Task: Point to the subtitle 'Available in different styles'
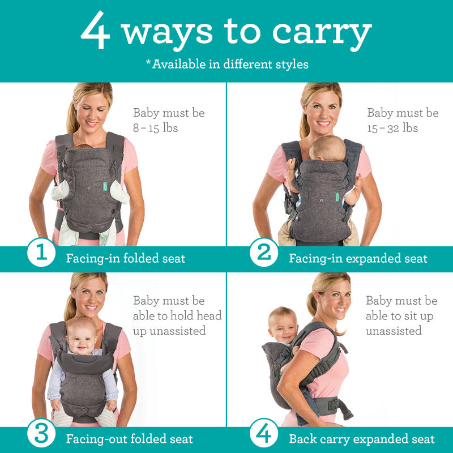coord(229,63)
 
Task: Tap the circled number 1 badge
coord(41,253)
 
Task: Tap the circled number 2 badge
coord(264,253)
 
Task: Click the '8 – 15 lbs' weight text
coord(156,128)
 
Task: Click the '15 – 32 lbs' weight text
coord(392,128)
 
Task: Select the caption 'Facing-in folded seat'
coord(125,259)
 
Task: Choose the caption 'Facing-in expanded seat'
coord(358,259)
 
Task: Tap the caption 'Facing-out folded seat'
coord(129,439)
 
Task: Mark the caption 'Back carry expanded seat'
coord(361,439)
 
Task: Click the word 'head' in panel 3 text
coord(207,315)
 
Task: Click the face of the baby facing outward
coord(83,337)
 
